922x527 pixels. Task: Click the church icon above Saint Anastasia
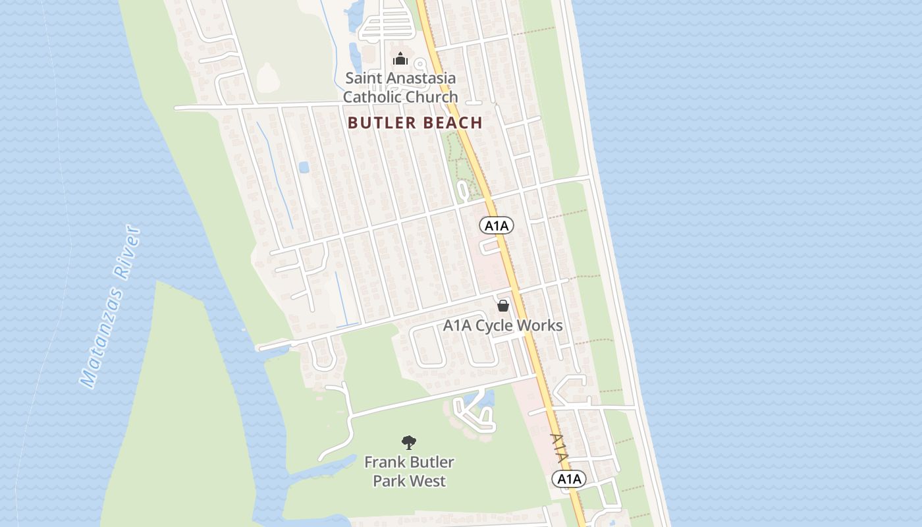click(400, 59)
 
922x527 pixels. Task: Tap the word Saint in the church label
click(364, 78)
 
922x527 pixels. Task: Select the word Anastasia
click(421, 78)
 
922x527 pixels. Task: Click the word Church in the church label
click(431, 97)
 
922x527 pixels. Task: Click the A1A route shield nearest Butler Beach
click(497, 226)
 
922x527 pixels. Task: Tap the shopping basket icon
click(503, 306)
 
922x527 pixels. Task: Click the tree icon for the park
click(409, 443)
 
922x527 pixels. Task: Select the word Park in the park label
click(389, 481)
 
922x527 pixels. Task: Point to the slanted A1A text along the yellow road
click(558, 448)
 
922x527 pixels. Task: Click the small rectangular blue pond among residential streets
click(304, 167)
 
